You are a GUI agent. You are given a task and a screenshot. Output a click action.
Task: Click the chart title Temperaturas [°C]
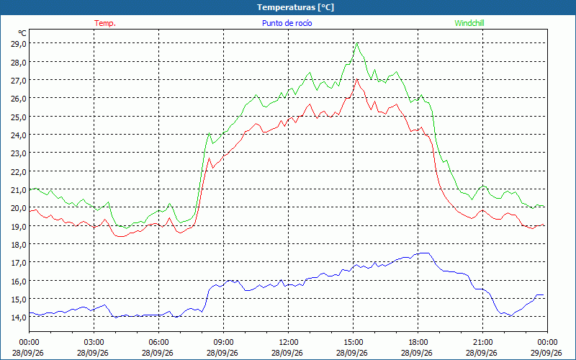coord(295,7)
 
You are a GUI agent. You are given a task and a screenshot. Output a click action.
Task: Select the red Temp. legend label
coord(105,23)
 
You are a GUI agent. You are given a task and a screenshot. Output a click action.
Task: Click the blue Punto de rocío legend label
coord(287,23)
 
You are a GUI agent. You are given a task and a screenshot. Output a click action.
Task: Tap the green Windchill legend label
coord(469,23)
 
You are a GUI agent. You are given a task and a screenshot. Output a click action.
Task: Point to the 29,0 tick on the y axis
coord(19,44)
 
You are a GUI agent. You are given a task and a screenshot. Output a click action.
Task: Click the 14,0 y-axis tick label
coord(19,318)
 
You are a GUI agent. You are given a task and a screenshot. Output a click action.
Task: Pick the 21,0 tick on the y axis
coord(19,189)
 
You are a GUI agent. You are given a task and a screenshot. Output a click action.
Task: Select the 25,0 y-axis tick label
coord(19,117)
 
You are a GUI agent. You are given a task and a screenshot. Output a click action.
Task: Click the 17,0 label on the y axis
coord(19,263)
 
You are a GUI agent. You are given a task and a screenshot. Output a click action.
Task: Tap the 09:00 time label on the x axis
coord(223,343)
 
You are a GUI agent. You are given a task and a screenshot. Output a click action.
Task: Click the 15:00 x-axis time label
coord(353,343)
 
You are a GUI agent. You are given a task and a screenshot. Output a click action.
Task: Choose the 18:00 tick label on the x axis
coord(418,343)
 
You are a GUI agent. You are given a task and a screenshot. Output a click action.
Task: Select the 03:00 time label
coord(94,343)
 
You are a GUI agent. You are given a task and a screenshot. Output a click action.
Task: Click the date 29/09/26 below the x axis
coord(546,353)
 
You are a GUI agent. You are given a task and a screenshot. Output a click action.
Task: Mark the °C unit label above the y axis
coord(22,33)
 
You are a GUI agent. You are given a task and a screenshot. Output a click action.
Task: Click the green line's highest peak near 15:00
coord(357,43)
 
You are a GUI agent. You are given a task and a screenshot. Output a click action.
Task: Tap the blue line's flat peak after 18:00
coord(425,253)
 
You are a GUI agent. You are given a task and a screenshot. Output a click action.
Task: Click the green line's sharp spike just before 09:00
coord(209,133)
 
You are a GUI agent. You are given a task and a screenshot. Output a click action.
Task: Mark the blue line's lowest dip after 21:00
coord(510,316)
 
